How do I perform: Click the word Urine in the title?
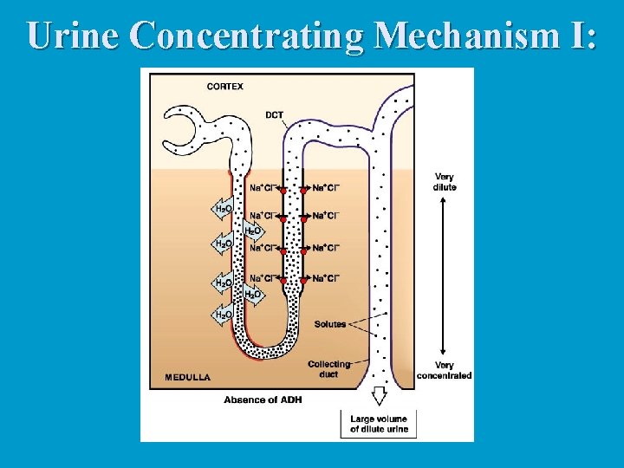75,35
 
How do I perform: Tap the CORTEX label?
225,87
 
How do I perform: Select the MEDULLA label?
188,378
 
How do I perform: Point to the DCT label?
275,115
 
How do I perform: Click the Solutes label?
329,324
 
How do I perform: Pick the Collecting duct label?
329,369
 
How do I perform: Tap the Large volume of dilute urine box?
379,425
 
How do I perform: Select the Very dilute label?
444,182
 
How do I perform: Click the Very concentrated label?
444,371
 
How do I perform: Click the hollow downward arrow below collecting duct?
379,396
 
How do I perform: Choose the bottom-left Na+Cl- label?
263,278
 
